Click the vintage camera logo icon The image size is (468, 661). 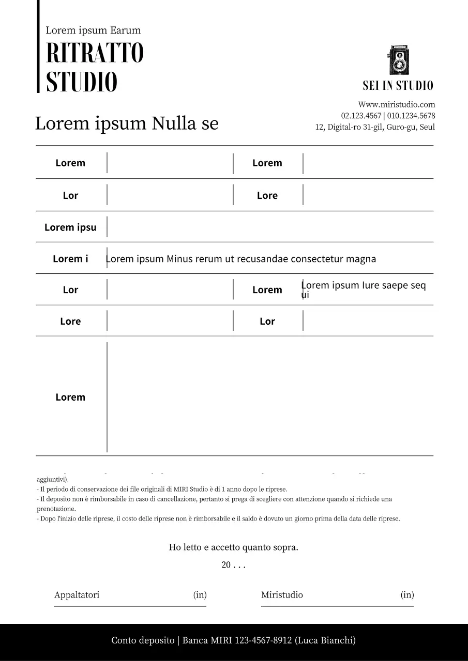tap(399, 60)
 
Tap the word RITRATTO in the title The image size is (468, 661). tap(95, 53)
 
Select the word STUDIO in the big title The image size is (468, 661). tap(82, 83)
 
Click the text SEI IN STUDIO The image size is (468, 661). tap(398, 86)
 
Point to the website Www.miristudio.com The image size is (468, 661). tap(397, 104)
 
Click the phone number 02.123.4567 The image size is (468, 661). tap(361, 116)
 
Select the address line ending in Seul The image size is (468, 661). tap(375, 127)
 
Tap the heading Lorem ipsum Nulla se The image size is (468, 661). tap(127, 124)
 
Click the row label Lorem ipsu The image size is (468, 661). tap(70, 227)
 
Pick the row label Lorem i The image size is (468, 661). tap(70, 259)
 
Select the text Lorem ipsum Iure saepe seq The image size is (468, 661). tap(364, 286)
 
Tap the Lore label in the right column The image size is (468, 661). tap(267, 195)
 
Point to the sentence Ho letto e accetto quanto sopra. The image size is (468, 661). tap(233, 547)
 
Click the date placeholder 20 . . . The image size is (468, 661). tap(226, 565)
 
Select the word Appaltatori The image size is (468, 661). tap(77, 595)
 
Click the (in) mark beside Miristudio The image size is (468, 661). tap(407, 595)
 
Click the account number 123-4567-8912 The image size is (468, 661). tap(264, 640)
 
